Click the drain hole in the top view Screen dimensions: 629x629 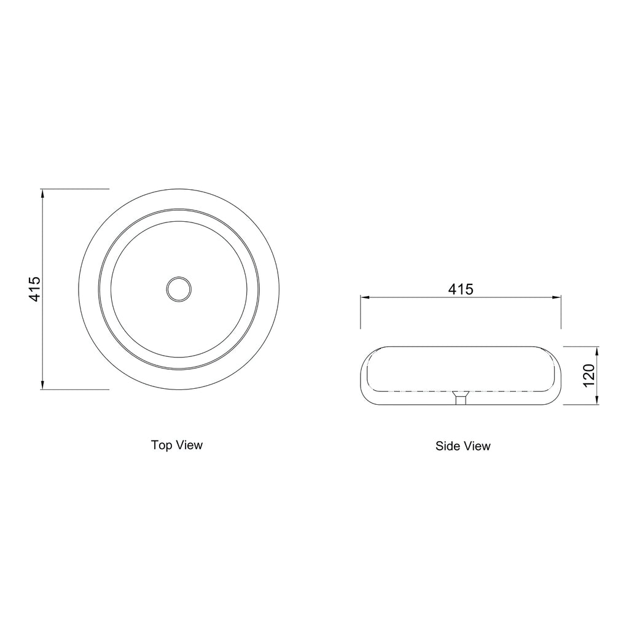click(x=179, y=289)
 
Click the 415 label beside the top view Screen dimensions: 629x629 click(x=34, y=289)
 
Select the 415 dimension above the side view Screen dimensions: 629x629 click(x=461, y=289)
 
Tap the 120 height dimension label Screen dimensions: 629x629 click(x=588, y=375)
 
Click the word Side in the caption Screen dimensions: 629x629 click(x=448, y=446)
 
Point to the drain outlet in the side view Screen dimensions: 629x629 click(x=461, y=398)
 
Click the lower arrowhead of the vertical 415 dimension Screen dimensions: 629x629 click(x=42, y=385)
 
